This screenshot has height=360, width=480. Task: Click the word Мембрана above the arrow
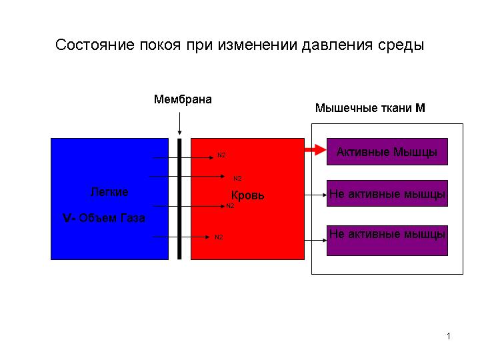point(183,99)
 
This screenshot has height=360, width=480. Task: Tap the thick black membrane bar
point(179,199)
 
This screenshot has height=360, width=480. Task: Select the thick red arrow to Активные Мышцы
point(315,150)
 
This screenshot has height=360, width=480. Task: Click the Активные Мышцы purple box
point(387,151)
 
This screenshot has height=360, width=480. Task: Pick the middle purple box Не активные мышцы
point(387,193)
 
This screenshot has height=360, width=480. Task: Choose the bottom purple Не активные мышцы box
point(387,240)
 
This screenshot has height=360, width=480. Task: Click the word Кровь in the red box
point(247,195)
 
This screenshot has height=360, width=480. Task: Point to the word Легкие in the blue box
point(109,192)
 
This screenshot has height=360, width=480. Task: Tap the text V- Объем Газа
point(104,218)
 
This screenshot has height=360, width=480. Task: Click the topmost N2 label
point(221,155)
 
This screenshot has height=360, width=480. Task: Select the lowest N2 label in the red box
point(219,237)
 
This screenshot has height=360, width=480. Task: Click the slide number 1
point(449,336)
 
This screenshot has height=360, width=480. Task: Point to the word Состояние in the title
point(95,45)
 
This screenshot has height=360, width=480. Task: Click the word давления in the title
point(337,45)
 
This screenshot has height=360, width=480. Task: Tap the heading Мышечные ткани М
point(370,108)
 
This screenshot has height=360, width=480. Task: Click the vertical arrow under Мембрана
point(179,124)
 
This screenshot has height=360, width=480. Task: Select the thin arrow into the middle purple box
point(315,195)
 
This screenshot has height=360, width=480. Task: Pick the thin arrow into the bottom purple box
point(315,240)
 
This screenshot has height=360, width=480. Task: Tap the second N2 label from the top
point(237,179)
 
